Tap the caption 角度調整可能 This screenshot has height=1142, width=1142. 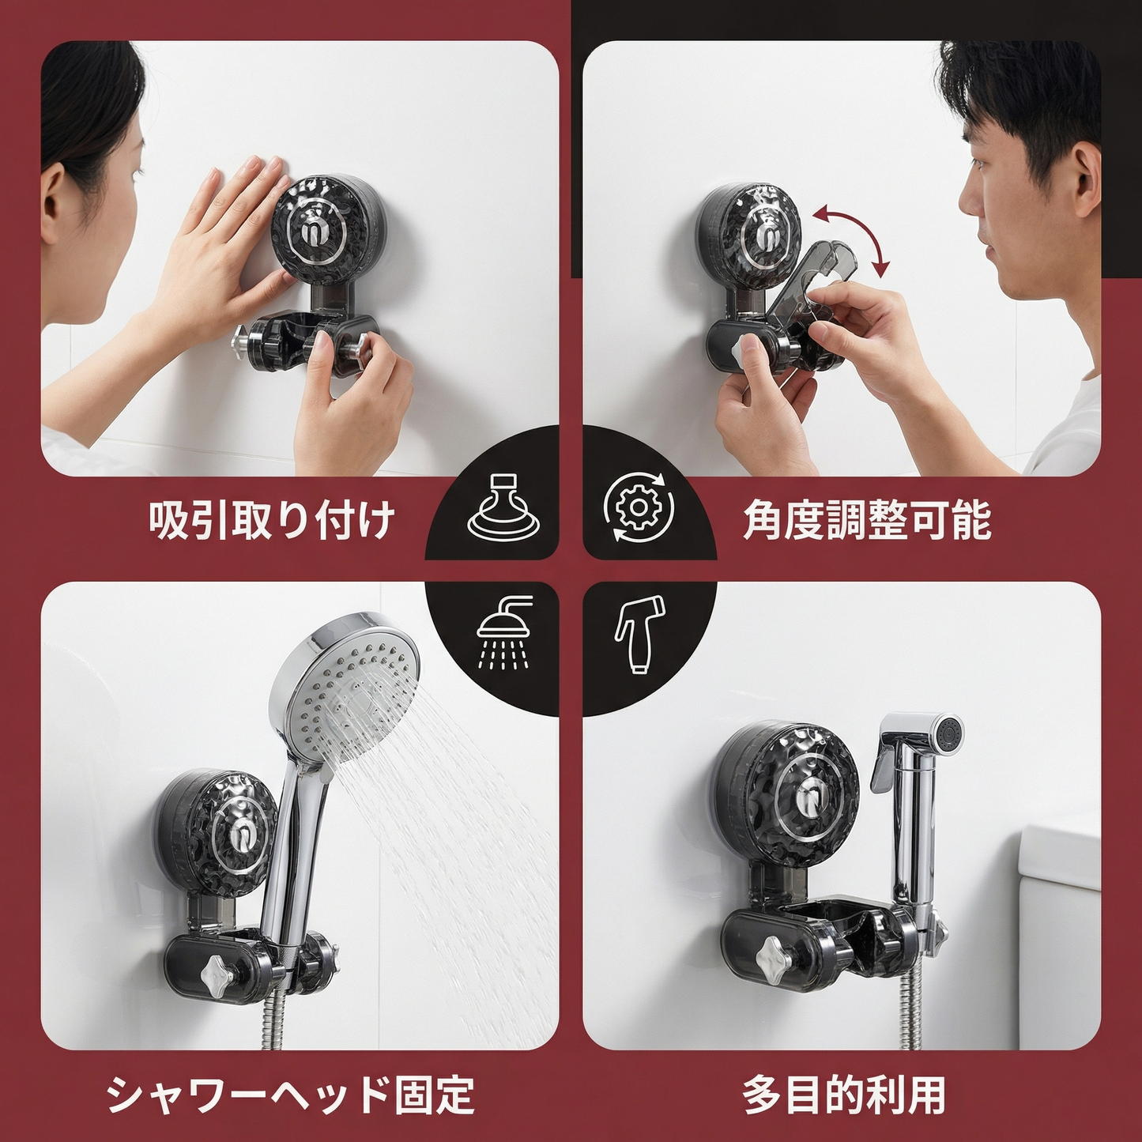tap(867, 521)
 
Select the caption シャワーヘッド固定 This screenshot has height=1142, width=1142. tap(290, 1095)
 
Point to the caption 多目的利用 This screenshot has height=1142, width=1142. tap(843, 1095)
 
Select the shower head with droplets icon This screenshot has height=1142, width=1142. tap(504, 632)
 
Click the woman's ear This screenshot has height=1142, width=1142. tap(58, 205)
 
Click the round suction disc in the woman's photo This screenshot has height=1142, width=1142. tap(315, 229)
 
